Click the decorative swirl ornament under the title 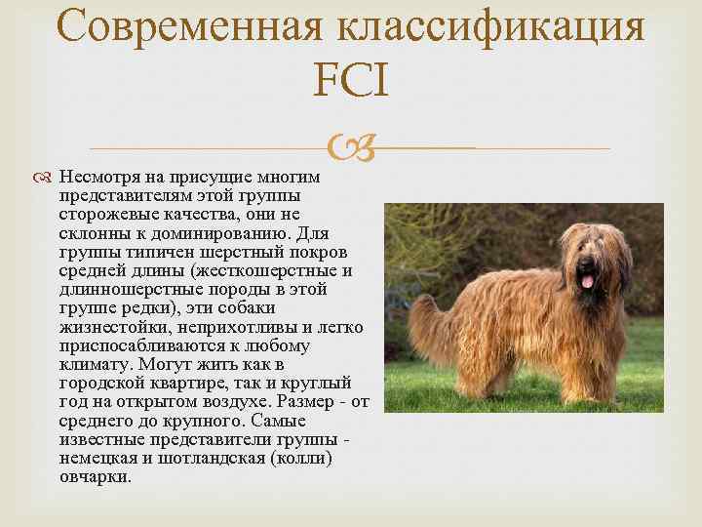pos(350,149)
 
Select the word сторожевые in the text pos(101,213)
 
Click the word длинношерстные pos(121,290)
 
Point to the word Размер pos(305,401)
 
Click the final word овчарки pos(95,477)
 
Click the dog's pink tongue pos(587,281)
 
